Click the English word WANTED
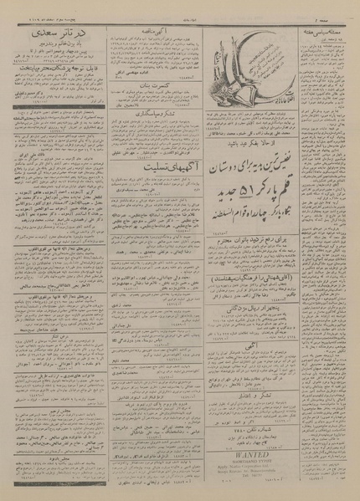point(251,458)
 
